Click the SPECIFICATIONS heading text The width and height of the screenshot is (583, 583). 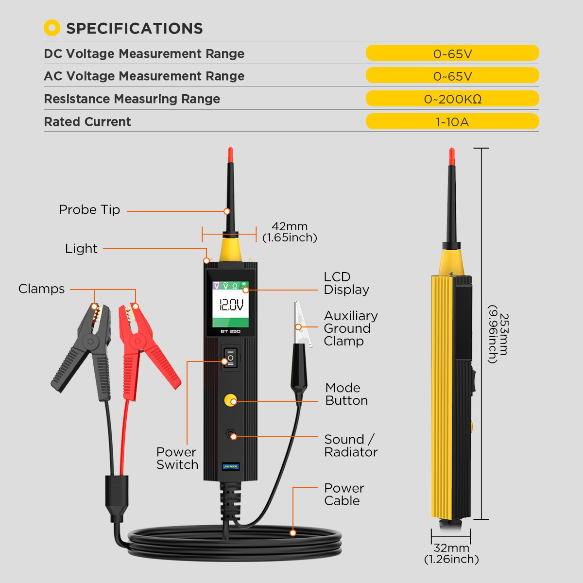pos(134,29)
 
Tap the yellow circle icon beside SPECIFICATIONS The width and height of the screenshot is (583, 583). pos(52,28)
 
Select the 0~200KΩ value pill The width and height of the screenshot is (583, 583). pos(452,99)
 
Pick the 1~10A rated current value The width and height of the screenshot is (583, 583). pos(452,121)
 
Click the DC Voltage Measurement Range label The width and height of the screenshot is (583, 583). pos(144,53)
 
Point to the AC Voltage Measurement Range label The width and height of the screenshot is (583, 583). pos(144,76)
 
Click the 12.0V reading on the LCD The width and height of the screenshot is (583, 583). pos(231,305)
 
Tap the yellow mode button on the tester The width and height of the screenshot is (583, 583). pos(230,400)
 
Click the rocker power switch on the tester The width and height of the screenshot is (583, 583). pos(230,359)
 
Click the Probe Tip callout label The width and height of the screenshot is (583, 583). pos(89,210)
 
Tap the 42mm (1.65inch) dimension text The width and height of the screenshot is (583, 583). pos(290,232)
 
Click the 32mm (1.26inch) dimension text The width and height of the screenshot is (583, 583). pos(451,553)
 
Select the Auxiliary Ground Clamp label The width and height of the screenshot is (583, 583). pos(350,328)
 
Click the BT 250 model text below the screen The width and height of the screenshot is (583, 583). pos(230,331)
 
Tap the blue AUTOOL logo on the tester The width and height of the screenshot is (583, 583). pos(230,466)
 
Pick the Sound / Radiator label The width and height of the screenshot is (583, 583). pos(350,446)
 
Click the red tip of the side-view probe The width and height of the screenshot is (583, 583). pos(452,156)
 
